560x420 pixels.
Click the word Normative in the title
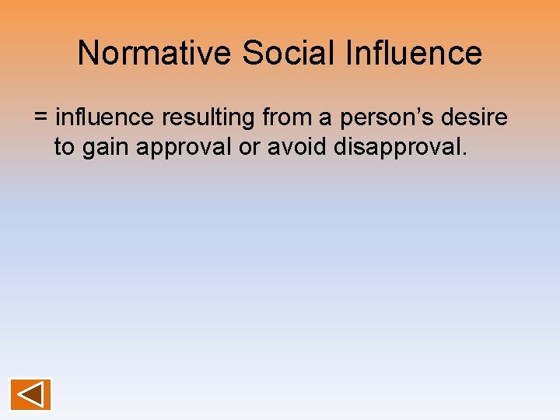pyautogui.click(x=156, y=54)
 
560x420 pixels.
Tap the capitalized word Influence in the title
pyautogui.click(x=413, y=54)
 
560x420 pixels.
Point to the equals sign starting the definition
pyautogui.click(x=41, y=118)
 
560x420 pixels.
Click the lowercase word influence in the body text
pyautogui.click(x=105, y=117)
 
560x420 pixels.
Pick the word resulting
pyautogui.click(x=208, y=118)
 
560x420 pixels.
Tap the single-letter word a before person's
pyautogui.click(x=326, y=118)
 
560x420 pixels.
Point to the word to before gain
pyautogui.click(x=65, y=147)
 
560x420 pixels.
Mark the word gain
pyautogui.click(x=107, y=148)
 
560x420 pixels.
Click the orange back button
pyautogui.click(x=30, y=394)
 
